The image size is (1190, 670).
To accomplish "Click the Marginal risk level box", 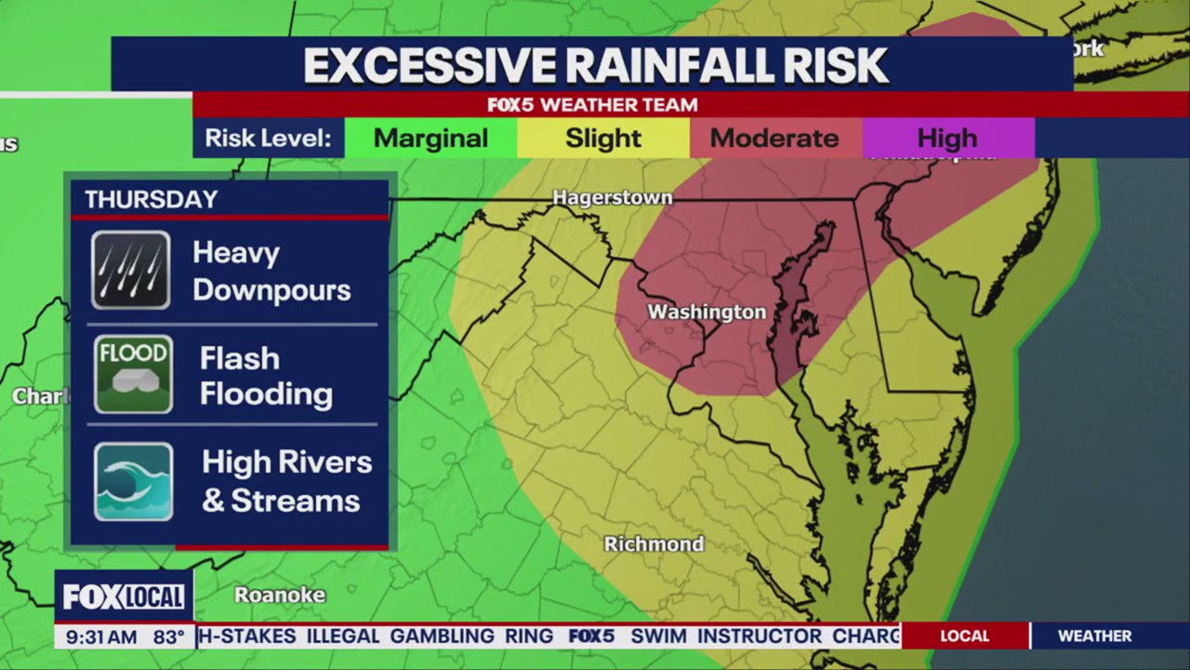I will (x=430, y=139).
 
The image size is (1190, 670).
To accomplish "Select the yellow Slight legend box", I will (x=603, y=139).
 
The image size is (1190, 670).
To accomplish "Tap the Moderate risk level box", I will (x=774, y=139).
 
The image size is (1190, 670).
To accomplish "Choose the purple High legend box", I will (x=947, y=139).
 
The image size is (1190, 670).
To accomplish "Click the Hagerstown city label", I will (x=612, y=197).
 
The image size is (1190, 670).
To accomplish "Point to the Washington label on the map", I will (x=707, y=312).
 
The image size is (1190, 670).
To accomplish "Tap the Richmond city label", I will (x=654, y=543).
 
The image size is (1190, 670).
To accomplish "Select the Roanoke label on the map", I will (x=280, y=595).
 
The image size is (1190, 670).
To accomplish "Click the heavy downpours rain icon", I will (x=131, y=270).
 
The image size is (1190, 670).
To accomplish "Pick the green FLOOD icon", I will (x=133, y=374).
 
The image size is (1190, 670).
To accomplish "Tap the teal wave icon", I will (x=133, y=481).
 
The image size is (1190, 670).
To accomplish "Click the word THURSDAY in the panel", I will (x=151, y=199).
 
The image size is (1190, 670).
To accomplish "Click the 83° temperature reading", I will (x=168, y=637).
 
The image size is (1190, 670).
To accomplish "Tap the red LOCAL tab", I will (x=964, y=636).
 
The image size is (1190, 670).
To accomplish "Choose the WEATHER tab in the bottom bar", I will (x=1094, y=636).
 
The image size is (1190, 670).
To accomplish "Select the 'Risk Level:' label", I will (x=268, y=139).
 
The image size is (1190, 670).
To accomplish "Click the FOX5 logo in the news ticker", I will (x=591, y=636).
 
